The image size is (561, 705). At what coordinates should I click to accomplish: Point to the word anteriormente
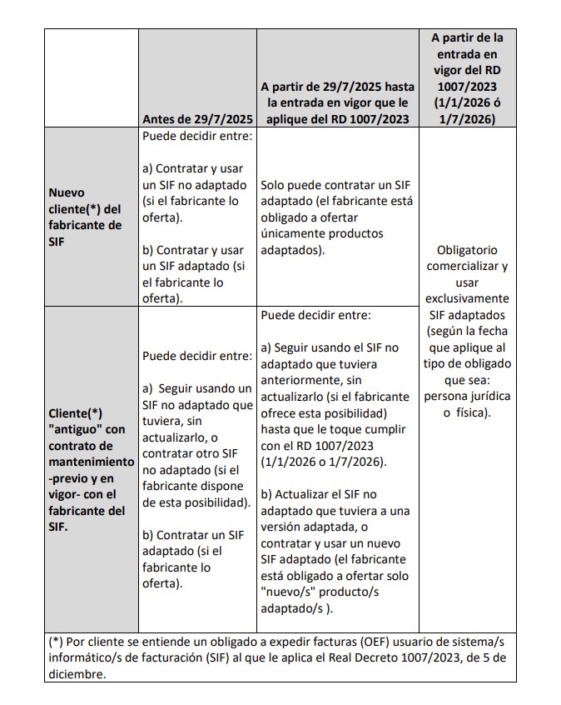[x=302, y=380]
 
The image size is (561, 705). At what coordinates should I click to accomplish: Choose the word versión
[x=285, y=526]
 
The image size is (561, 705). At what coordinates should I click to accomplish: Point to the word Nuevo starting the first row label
[x=67, y=192]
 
